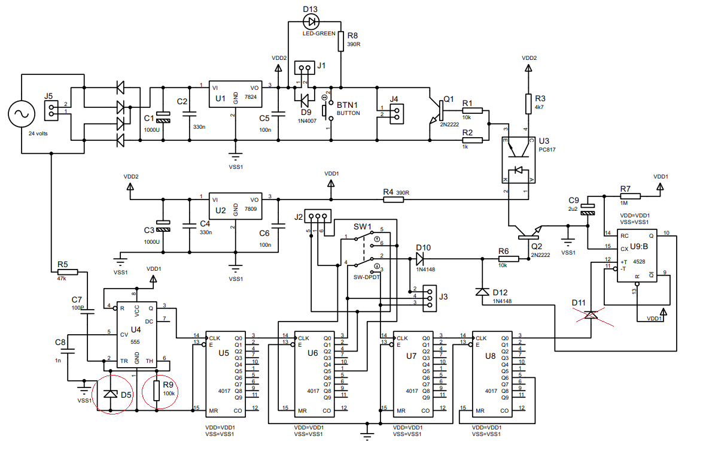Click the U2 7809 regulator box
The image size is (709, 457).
pos(235,208)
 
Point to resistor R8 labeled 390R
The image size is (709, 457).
pos(340,42)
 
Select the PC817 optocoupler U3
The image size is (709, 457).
pos(516,160)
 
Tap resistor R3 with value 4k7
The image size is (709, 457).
pos(528,104)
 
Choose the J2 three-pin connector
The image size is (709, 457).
pos(317,216)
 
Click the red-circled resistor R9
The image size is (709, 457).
pos(157,391)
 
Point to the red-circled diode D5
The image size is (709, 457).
pos(110,394)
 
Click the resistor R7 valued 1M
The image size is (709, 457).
pos(631,196)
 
